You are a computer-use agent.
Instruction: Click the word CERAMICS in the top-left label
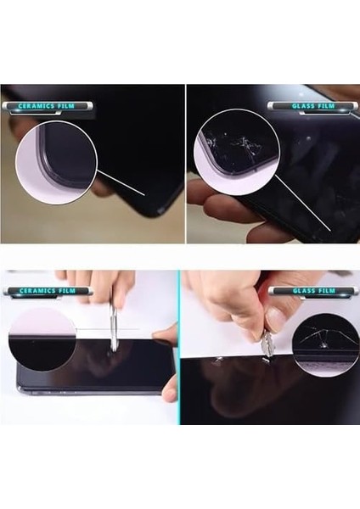point(37,106)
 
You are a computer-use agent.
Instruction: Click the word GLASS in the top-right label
point(303,106)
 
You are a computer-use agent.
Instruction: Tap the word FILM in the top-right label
point(326,106)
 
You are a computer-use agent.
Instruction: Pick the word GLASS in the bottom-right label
point(304,290)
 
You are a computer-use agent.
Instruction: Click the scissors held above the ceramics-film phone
point(114,327)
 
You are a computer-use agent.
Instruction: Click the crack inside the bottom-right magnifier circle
point(322,339)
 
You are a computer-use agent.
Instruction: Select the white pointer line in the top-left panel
point(121,182)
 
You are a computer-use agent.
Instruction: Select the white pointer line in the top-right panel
point(303,204)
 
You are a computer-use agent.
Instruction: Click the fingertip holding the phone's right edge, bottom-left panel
point(170,394)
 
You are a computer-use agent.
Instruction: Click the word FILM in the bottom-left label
point(67,290)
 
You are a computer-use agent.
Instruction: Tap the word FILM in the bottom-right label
point(327,290)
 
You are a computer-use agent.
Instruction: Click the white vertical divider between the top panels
point(186,164)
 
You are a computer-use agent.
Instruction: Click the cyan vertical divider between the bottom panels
point(178,347)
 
